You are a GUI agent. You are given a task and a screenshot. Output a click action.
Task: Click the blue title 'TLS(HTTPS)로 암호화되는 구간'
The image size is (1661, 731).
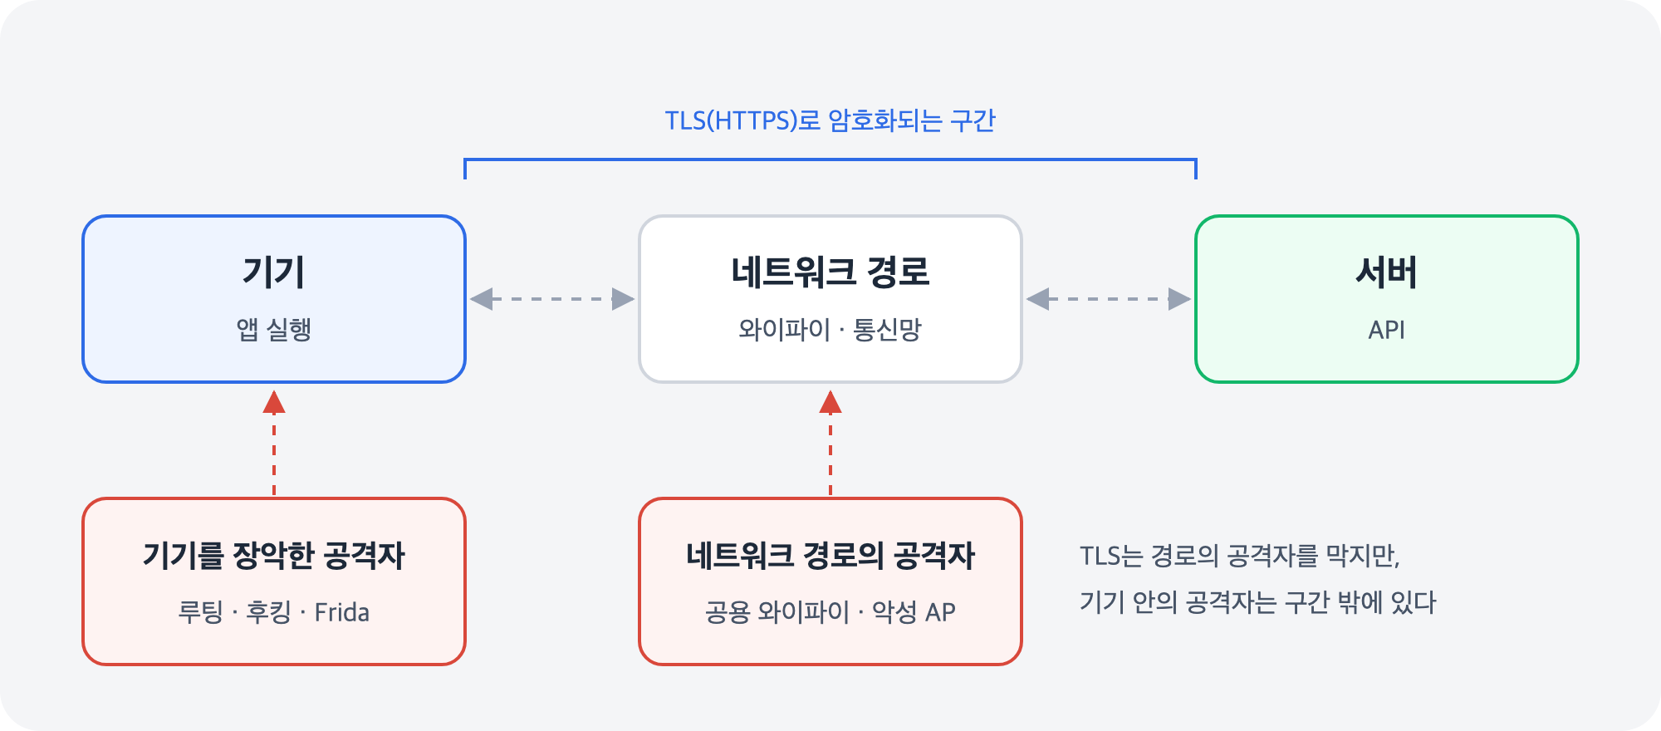click(830, 121)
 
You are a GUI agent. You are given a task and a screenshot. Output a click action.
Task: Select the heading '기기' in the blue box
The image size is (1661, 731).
click(273, 272)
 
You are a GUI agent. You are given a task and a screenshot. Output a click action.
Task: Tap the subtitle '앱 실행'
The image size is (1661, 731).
click(273, 330)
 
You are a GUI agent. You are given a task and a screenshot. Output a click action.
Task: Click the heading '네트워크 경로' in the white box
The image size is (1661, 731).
click(830, 272)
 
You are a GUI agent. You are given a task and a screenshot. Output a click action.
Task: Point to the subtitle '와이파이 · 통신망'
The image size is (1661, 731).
click(830, 330)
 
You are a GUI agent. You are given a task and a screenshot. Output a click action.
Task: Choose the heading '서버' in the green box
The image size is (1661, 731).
click(1386, 272)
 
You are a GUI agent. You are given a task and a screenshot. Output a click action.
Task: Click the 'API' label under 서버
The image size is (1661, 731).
click(1386, 330)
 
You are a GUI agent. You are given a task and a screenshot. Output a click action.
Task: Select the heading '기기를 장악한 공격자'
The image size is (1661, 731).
click(273, 555)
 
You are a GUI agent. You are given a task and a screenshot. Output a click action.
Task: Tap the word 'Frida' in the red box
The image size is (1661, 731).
click(341, 612)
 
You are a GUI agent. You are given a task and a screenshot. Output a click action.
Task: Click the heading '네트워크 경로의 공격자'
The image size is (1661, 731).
click(830, 555)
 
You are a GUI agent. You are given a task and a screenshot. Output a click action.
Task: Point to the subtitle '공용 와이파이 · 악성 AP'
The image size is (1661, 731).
click(830, 612)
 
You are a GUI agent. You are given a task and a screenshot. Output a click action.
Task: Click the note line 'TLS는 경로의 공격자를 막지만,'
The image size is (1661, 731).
click(1239, 556)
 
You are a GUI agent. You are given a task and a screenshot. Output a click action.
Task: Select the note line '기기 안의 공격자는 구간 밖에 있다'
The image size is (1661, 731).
click(1257, 602)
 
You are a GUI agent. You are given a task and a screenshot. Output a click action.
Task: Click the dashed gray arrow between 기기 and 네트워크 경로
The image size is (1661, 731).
click(552, 299)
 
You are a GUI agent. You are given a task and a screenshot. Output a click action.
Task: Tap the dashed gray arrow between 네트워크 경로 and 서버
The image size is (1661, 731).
click(1109, 299)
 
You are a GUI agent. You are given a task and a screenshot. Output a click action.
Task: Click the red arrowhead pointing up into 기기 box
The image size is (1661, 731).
click(274, 403)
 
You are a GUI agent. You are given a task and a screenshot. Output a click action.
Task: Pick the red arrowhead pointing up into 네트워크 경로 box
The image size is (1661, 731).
click(830, 403)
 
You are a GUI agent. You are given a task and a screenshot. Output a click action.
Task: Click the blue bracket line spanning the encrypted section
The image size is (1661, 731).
click(830, 159)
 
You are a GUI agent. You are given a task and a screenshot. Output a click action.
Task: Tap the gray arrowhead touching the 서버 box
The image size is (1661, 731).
click(1180, 299)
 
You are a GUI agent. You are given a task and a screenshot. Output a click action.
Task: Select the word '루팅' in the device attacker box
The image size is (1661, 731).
click(200, 612)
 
